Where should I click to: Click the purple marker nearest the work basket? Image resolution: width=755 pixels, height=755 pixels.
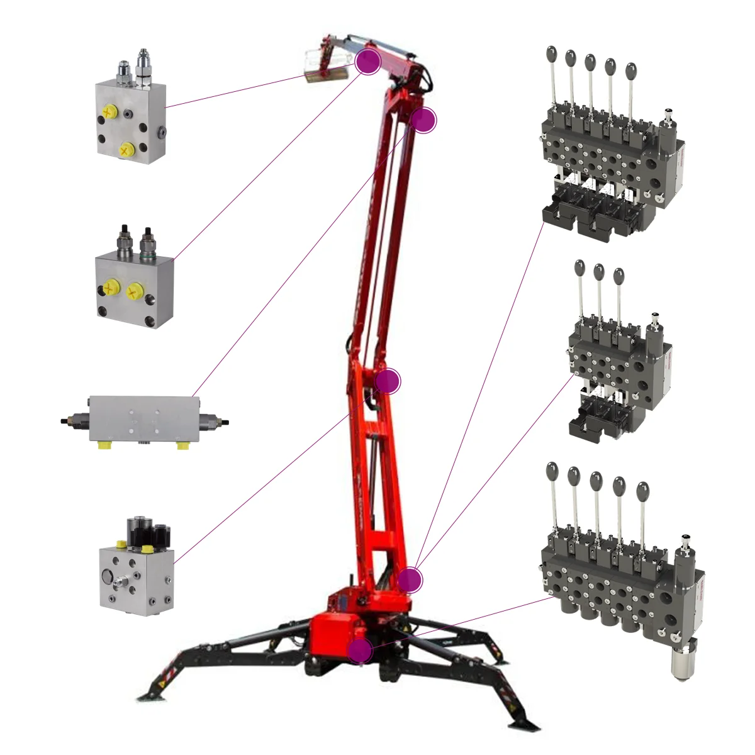[x=368, y=61]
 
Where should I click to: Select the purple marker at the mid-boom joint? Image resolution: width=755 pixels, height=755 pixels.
[x=387, y=381]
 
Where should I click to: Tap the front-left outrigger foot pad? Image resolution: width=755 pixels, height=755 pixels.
[x=151, y=695]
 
